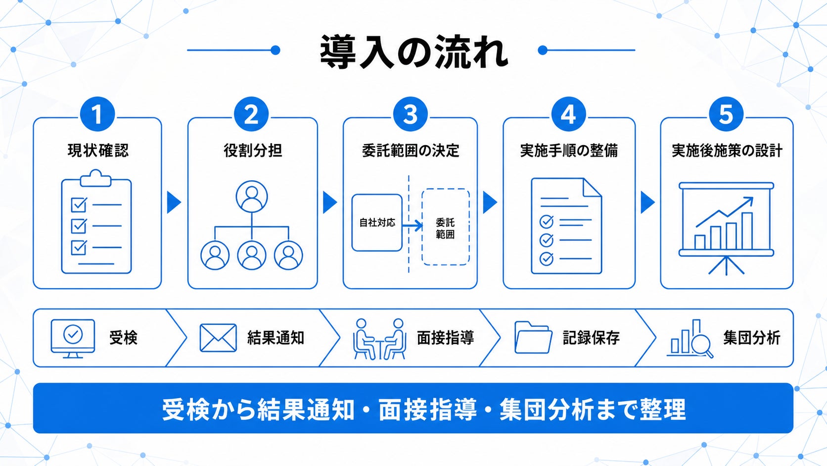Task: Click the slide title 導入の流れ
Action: click(414, 52)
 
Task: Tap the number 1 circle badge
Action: click(97, 114)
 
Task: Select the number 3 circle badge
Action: click(410, 114)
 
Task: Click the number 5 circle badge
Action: click(726, 114)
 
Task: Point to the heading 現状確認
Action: click(98, 151)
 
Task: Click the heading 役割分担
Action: click(253, 151)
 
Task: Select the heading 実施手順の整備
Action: click(569, 151)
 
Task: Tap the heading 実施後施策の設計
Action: click(727, 151)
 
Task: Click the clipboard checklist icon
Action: click(96, 222)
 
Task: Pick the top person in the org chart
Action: click(252, 196)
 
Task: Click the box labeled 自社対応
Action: click(377, 222)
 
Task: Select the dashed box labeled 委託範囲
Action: click(446, 227)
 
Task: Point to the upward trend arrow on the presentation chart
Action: click(724, 212)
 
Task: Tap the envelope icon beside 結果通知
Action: click(218, 338)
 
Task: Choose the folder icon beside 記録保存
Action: click(533, 337)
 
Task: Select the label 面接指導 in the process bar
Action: click(445, 338)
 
